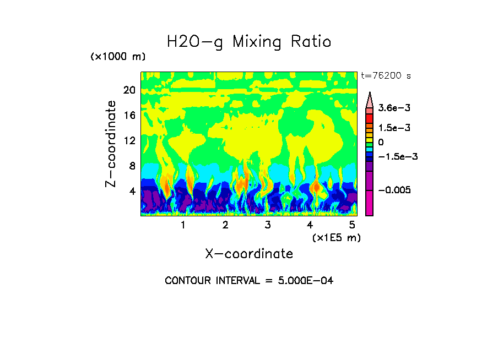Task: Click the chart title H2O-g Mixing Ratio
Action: click(x=249, y=42)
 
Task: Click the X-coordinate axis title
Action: click(x=249, y=254)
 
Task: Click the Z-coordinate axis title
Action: click(x=111, y=144)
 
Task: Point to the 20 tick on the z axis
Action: click(x=129, y=90)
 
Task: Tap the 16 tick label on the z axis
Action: click(x=129, y=115)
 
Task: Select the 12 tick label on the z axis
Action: click(x=129, y=140)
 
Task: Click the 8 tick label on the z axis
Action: click(x=132, y=166)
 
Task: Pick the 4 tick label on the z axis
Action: click(x=132, y=191)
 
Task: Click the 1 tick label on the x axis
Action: click(x=183, y=225)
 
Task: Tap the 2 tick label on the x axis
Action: click(x=225, y=225)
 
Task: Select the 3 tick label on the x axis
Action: click(x=268, y=225)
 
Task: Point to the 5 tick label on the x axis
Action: click(x=352, y=225)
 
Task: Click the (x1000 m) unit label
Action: click(x=118, y=57)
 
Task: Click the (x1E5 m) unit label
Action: click(x=336, y=237)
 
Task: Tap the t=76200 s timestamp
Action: click(x=386, y=76)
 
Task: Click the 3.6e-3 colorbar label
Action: click(x=391, y=108)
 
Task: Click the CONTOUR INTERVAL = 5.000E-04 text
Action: click(x=249, y=281)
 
